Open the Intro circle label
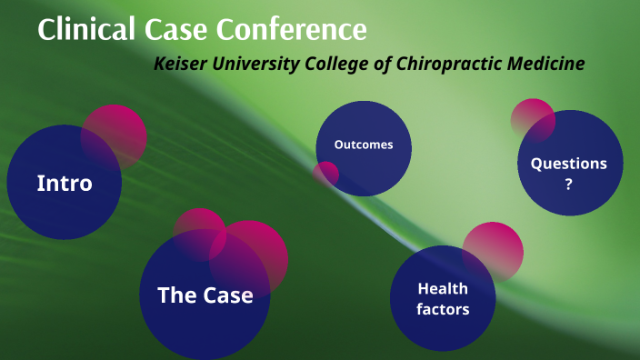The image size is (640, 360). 65,183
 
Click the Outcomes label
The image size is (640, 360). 364,145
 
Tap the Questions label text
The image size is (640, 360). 569,164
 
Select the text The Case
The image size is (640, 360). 205,295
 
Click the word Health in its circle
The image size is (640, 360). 443,289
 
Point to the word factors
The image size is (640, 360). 443,309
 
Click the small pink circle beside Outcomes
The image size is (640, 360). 325,173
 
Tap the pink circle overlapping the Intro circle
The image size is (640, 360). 115,135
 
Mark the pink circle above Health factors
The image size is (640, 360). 494,250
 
